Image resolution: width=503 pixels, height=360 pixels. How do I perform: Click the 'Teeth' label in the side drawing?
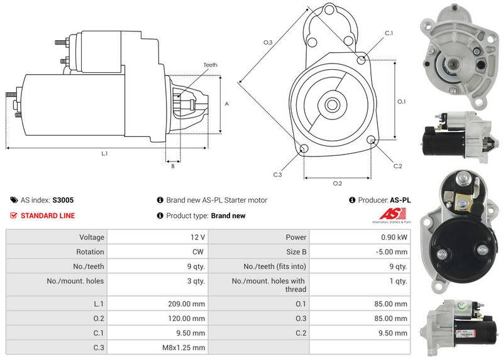pyautogui.click(x=210, y=65)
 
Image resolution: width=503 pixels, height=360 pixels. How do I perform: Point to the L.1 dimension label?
pyautogui.click(x=104, y=154)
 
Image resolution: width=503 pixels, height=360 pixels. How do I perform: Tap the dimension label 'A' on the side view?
pyautogui.click(x=226, y=104)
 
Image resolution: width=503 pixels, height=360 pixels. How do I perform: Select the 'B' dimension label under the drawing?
pyautogui.click(x=172, y=166)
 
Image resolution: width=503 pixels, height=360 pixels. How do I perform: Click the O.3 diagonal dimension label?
pyautogui.click(x=267, y=42)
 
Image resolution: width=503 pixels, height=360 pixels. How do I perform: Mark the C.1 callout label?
pyautogui.click(x=389, y=33)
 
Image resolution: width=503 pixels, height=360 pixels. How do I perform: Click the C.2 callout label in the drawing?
pyautogui.click(x=397, y=166)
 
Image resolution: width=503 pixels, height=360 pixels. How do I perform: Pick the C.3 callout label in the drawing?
pyautogui.click(x=277, y=175)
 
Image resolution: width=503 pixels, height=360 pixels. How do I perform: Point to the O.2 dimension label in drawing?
pyautogui.click(x=337, y=183)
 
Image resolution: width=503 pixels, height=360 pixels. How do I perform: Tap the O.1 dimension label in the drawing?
pyautogui.click(x=402, y=101)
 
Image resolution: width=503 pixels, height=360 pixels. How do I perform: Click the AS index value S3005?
pyautogui.click(x=63, y=200)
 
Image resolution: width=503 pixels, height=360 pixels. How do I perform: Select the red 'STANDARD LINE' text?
pyautogui.click(x=48, y=215)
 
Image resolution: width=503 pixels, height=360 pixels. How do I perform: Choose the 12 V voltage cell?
pyautogui.click(x=197, y=237)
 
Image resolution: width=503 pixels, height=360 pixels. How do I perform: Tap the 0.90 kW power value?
pyautogui.click(x=394, y=237)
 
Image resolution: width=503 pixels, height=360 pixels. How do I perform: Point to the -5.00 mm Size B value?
pyautogui.click(x=392, y=252)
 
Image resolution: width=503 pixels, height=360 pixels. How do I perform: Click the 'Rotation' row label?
pyautogui.click(x=90, y=252)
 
